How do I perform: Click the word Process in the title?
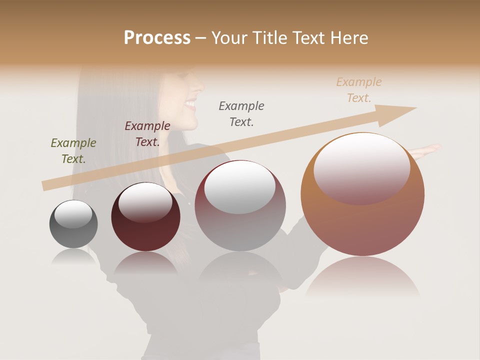pyautogui.click(x=157, y=38)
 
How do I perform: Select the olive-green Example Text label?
pyautogui.click(x=73, y=151)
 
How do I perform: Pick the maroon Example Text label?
pyautogui.click(x=147, y=134)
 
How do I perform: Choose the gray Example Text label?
pyautogui.click(x=241, y=114)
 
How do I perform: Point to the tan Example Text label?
pyautogui.click(x=359, y=90)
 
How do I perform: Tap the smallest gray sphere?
pyautogui.click(x=73, y=232)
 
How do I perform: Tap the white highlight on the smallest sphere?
pyautogui.click(x=73, y=213)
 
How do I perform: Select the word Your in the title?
pyautogui.click(x=228, y=38)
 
